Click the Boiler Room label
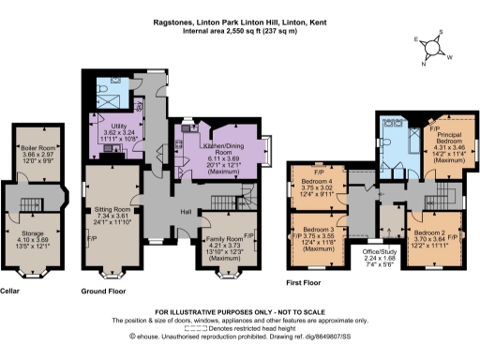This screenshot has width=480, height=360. coord(33,148)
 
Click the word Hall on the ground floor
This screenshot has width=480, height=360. coord(187,211)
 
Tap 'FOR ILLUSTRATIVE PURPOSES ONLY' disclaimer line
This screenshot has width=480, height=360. coord(238,310)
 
